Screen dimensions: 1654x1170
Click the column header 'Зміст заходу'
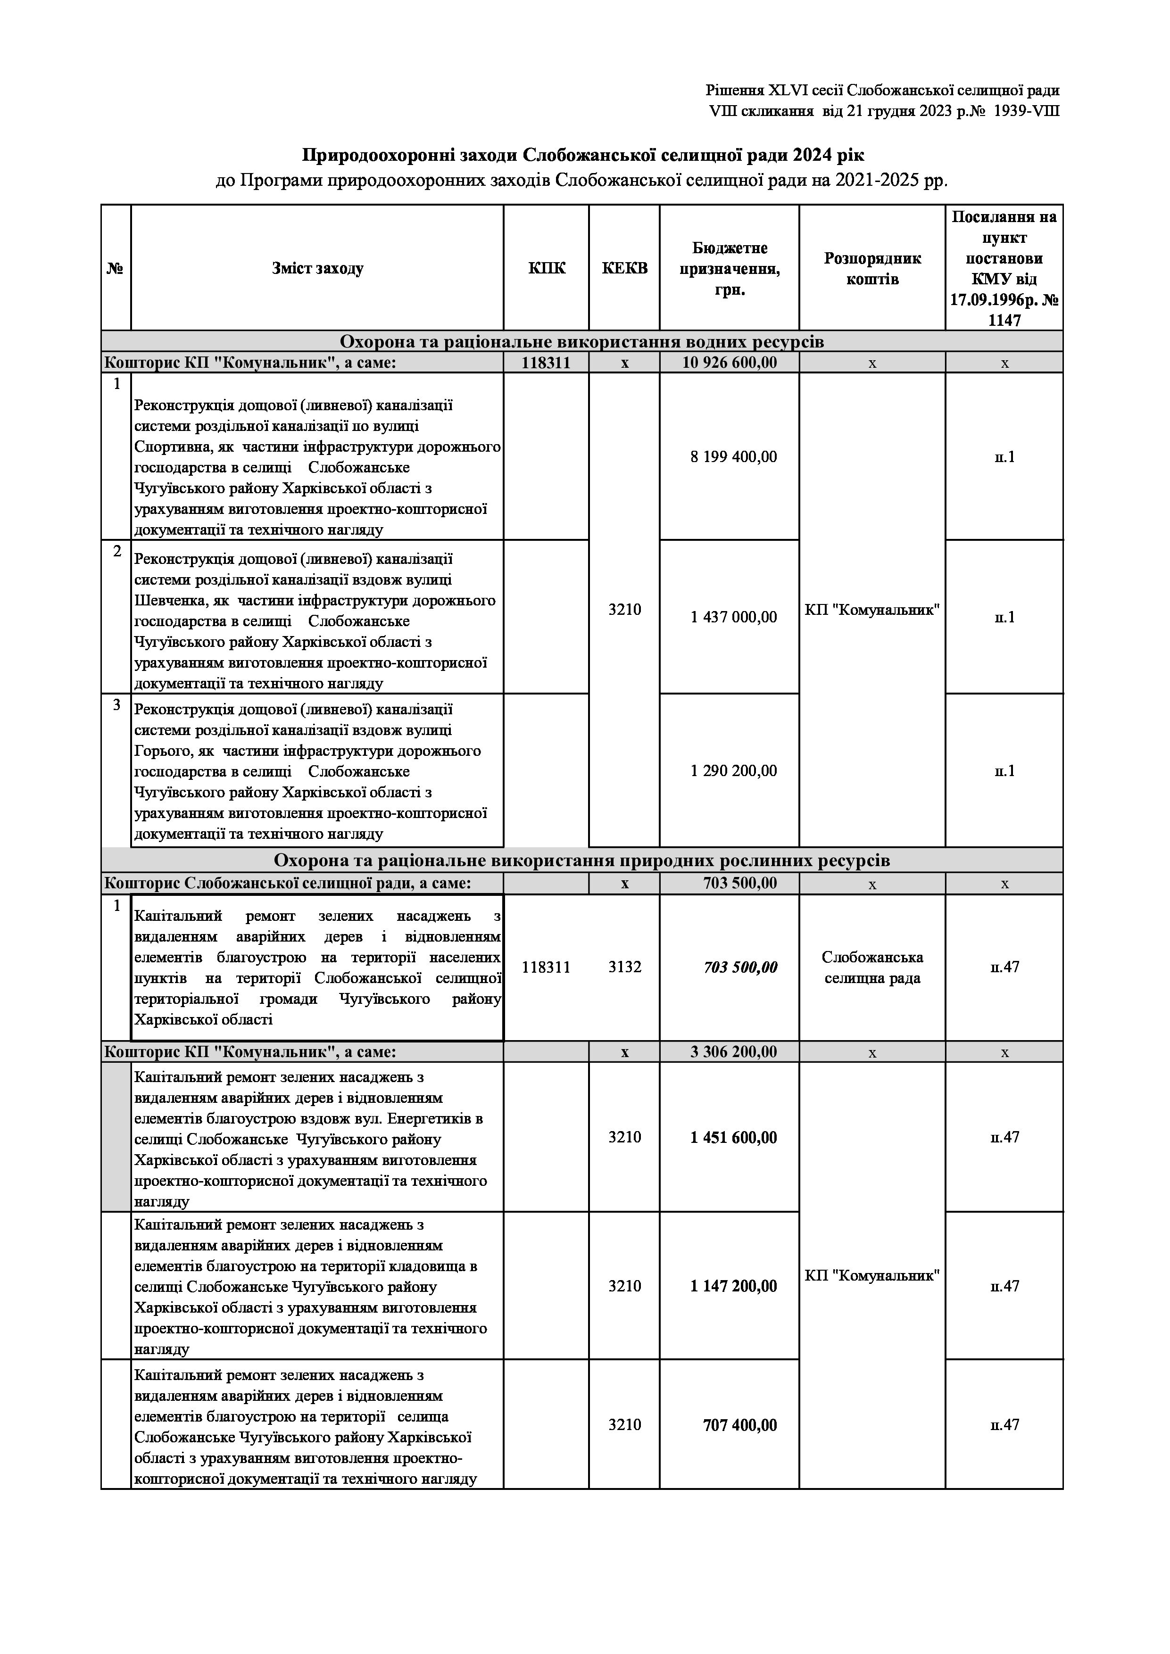click(x=318, y=269)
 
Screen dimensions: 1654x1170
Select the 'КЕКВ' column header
click(x=625, y=269)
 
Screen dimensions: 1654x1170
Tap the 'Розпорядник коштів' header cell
click(x=872, y=269)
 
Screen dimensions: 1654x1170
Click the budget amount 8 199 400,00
click(x=733, y=457)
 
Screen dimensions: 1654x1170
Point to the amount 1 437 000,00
click(x=733, y=617)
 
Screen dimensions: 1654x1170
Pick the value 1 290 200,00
click(x=733, y=771)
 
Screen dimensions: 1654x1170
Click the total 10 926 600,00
click(x=730, y=363)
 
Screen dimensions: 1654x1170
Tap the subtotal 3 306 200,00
click(x=733, y=1052)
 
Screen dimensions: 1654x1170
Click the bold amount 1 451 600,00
click(x=733, y=1138)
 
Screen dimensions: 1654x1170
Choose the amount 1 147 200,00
click(x=733, y=1286)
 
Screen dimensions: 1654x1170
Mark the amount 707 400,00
click(x=740, y=1424)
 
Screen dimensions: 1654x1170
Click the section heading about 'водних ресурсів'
click(x=581, y=341)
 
